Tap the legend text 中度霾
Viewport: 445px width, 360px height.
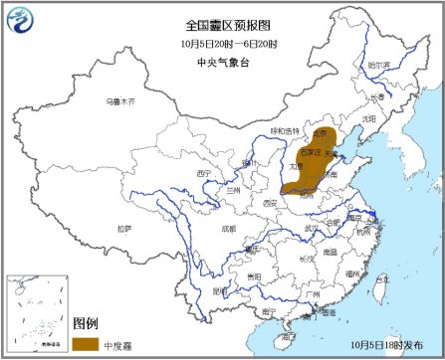(124, 343)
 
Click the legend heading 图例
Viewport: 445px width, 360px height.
(86, 324)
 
